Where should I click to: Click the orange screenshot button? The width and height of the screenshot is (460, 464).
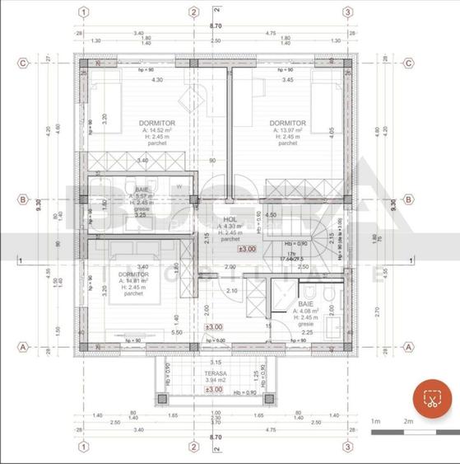pos(429,400)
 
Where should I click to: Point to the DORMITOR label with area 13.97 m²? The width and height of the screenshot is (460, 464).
pos(287,123)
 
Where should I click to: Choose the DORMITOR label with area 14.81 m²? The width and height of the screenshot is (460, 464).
pos(132,274)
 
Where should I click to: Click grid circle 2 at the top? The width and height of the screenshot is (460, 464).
pos(193,12)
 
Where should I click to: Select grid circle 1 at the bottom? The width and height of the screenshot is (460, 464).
pos(82,448)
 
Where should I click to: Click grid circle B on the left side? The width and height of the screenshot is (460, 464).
pos(24,199)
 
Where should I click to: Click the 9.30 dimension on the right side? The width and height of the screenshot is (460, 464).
pos(395,205)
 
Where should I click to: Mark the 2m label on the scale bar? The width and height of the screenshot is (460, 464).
pos(408,421)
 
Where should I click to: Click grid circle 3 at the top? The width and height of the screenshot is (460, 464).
pos(348,12)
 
